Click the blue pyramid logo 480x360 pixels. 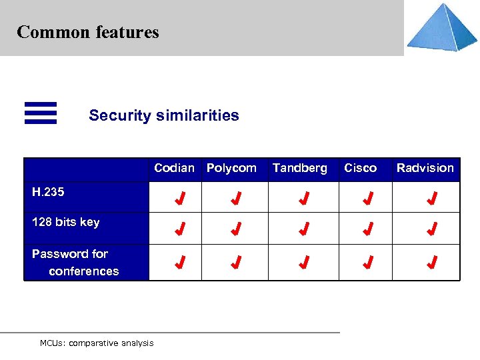442,27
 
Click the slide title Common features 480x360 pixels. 88,32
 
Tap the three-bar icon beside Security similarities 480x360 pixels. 41,113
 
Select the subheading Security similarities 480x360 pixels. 164,115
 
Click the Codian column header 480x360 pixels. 174,168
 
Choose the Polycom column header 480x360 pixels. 231,168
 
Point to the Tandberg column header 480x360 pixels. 300,168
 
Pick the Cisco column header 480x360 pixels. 360,168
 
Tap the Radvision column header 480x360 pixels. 425,168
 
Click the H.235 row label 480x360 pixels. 48,192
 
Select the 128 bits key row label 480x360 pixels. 65,222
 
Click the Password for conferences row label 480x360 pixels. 75,262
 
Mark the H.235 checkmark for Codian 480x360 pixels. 179,198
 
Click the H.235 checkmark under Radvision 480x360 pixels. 432,198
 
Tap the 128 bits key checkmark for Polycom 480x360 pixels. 235,229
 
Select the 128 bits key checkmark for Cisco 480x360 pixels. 367,229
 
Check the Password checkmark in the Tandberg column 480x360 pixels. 303,262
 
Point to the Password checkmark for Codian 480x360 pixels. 179,262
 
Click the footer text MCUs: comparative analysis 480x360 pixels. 97,343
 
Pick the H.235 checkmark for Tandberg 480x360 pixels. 303,198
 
